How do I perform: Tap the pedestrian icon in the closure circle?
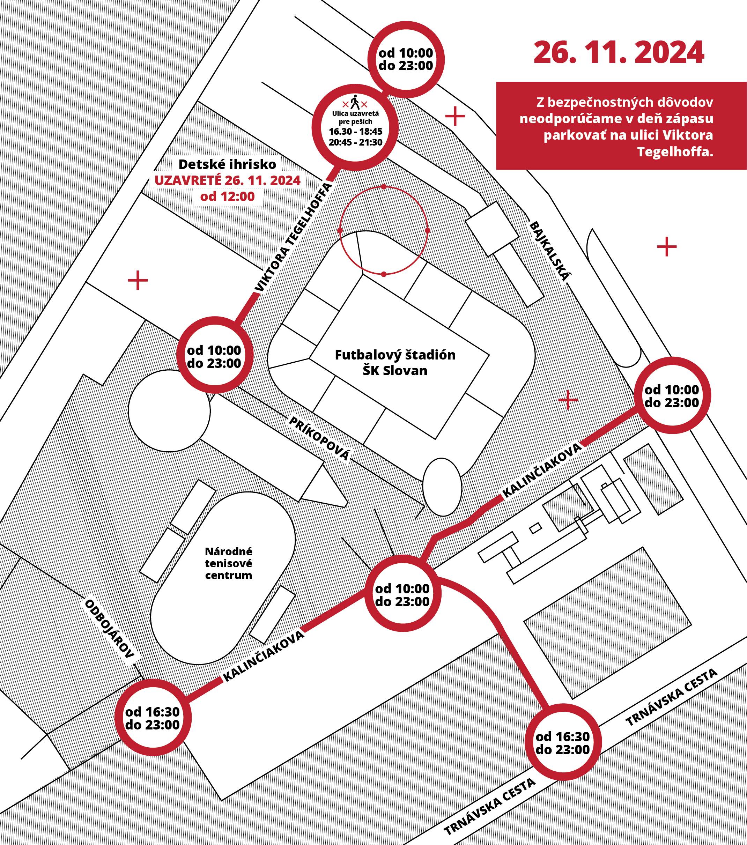pyautogui.click(x=355, y=102)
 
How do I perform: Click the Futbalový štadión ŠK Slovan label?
pyautogui.click(x=395, y=363)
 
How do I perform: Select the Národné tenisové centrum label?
pyautogui.click(x=229, y=563)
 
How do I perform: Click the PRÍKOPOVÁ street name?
pyautogui.click(x=319, y=438)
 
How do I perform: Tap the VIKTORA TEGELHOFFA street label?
pyautogui.click(x=293, y=237)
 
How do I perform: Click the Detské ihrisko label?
pyautogui.click(x=227, y=164)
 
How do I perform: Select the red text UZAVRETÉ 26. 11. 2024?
pyautogui.click(x=227, y=180)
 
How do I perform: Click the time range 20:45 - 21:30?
pyautogui.click(x=355, y=142)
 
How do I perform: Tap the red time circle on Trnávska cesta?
pyautogui.click(x=563, y=742)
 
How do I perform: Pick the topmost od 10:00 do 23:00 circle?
pyautogui.click(x=406, y=59)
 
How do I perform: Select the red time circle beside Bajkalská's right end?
pyautogui.click(x=672, y=396)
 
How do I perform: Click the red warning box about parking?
pyautogui.click(x=621, y=126)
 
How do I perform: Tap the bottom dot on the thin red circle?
pyautogui.click(x=384, y=274)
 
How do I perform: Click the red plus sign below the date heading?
pyautogui.click(x=455, y=116)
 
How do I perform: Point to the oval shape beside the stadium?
pyautogui.click(x=442, y=487)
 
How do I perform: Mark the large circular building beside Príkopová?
pyautogui.click(x=169, y=411)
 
